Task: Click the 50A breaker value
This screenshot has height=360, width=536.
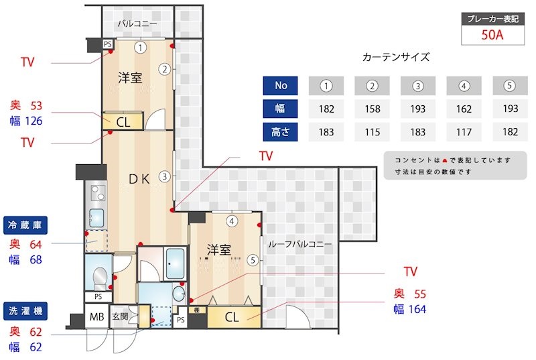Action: point(492,35)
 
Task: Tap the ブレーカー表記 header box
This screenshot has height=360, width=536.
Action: point(492,19)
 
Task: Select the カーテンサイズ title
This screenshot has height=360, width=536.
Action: point(395,57)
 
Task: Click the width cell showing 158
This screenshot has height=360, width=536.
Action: point(373,109)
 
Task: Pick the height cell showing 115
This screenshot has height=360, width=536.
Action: point(373,132)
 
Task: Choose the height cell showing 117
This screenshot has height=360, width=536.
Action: point(464,132)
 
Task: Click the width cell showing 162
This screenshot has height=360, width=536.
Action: point(464,109)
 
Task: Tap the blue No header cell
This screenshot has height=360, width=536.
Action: point(281,86)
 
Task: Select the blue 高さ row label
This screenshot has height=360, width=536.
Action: point(281,132)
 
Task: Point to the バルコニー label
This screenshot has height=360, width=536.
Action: point(137,25)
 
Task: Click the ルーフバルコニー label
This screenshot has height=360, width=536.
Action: point(299,245)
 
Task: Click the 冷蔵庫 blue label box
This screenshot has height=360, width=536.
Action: point(27,225)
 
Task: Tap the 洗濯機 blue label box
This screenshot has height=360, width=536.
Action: point(27,311)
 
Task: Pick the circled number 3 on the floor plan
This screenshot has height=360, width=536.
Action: point(164,177)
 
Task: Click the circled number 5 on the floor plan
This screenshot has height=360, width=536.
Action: point(252,260)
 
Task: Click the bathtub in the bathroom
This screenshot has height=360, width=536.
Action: point(176,264)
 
